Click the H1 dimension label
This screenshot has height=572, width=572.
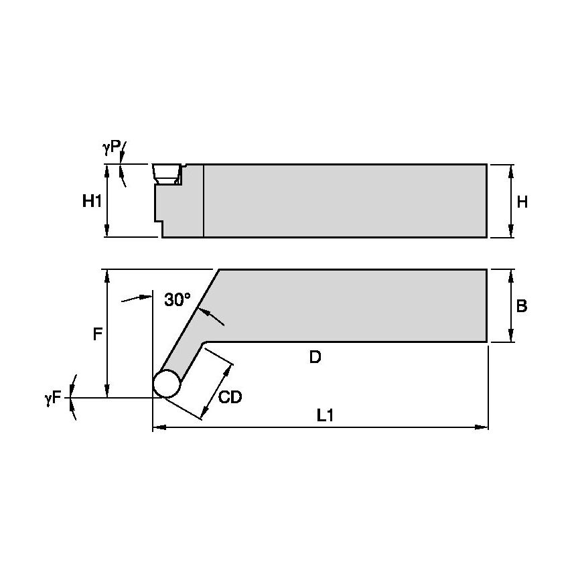pos(92,200)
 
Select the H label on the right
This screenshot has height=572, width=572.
pos(522,202)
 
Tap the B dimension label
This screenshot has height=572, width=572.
pos(522,306)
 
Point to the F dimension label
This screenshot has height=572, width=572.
pos(97,334)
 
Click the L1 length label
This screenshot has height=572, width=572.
pos(325,416)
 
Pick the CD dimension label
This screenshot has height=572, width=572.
pos(230,397)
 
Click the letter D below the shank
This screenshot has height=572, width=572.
pos(315,357)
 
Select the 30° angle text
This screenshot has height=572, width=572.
pos(177,300)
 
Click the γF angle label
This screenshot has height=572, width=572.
pos(53,398)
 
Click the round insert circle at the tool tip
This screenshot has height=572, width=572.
pos(167,384)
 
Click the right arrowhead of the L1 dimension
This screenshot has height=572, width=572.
pos(484,427)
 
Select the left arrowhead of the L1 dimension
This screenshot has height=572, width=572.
pos(157,427)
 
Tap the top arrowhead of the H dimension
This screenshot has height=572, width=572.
pos(512,168)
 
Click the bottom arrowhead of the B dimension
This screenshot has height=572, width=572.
pos(512,338)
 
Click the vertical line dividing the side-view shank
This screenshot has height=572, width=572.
pos(203,200)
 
